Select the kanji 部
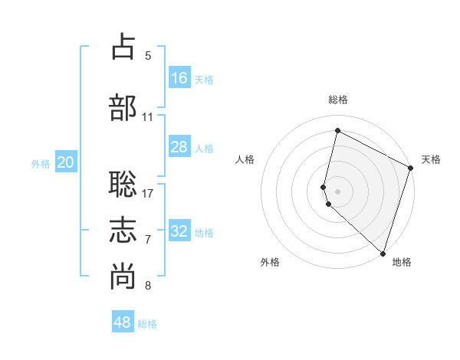[123, 107]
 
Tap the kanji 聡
[123, 184]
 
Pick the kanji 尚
[123, 277]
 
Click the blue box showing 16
[179, 78]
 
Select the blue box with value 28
[179, 147]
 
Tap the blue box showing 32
[179, 231]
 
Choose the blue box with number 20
[66, 162]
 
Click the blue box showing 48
[123, 322]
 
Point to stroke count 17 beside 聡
[148, 193]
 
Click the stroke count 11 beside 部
[148, 117]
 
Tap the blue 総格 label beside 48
[147, 324]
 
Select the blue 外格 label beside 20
[41, 163]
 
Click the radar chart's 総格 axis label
[338, 100]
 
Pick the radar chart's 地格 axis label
[402, 262]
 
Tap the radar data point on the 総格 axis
[337, 131]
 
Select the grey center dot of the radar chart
[338, 191]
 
